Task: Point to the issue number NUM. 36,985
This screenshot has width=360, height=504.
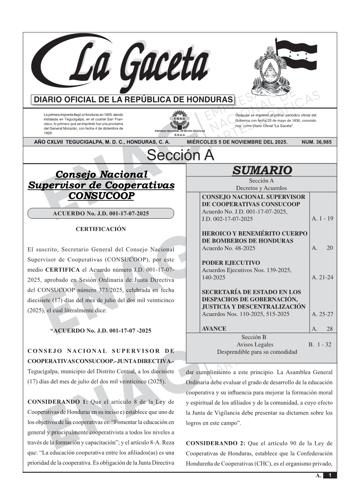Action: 316,142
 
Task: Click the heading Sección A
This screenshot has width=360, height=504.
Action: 180,155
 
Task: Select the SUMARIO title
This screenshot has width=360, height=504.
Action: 262,170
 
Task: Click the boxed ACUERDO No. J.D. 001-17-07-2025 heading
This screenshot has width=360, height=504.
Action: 101,213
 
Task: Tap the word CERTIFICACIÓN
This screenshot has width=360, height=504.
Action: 101,229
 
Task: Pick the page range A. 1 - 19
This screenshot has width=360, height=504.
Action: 322,219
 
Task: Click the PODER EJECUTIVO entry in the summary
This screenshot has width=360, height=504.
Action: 231,263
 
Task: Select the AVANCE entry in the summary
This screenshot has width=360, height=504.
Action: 214,329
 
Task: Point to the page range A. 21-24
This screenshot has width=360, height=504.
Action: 322,277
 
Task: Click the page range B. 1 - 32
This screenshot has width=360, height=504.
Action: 320,344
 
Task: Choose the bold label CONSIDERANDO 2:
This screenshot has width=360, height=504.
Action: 216,443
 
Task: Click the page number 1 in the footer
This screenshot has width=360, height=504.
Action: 330,475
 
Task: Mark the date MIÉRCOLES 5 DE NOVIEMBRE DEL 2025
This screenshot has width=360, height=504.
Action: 237,142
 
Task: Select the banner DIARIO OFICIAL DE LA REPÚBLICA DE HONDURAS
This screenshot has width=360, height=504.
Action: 133,100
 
